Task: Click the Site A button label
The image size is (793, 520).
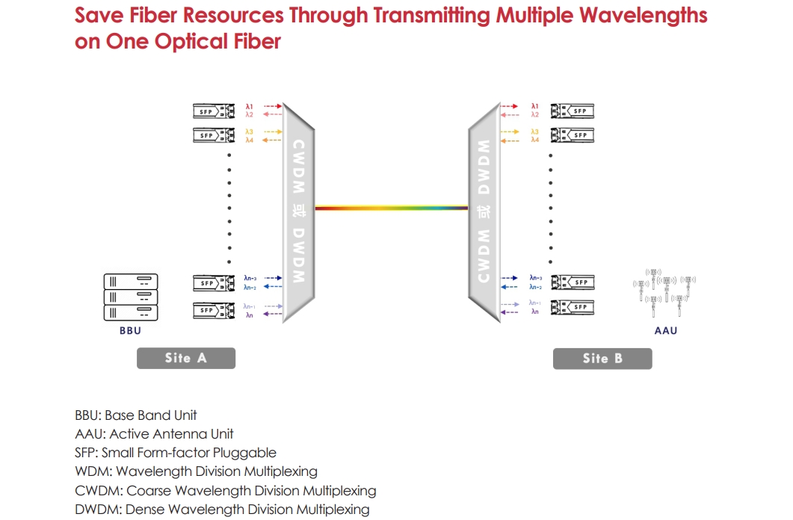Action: coord(185,358)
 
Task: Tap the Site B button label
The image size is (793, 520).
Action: coord(602,359)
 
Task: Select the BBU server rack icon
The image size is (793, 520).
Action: coord(131,297)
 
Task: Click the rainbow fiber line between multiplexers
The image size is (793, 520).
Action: coord(392,208)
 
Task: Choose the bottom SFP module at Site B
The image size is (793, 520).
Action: coord(573,307)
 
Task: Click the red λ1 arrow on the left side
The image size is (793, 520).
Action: coord(272,107)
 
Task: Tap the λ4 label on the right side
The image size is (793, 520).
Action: coord(534,140)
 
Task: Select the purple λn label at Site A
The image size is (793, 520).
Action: coord(250,315)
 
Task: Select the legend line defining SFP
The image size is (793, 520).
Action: coord(176,453)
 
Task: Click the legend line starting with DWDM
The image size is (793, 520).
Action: coord(222,510)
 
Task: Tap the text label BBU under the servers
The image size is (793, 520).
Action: coord(130,330)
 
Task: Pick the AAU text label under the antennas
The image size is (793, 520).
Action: coord(665,330)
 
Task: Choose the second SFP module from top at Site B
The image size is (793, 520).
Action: coord(573,135)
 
